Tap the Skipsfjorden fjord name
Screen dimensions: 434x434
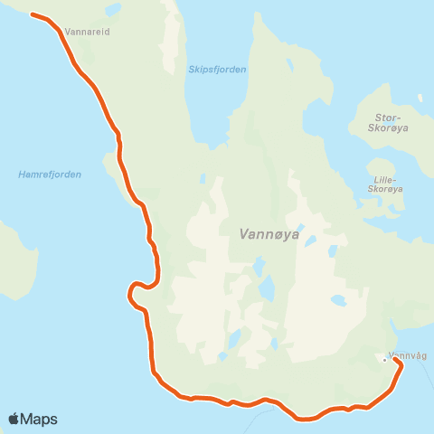[217, 70]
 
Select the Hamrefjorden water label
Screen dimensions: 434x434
[50, 175]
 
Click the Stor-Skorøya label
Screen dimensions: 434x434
[393, 123]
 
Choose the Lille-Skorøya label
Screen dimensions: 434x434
[386, 184]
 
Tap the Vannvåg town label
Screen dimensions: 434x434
[405, 354]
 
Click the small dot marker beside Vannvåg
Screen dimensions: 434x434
[384, 360]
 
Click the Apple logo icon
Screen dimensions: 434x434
[14, 419]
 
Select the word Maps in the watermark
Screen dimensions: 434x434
[40, 419]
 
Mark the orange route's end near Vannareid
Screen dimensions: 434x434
[33, 14]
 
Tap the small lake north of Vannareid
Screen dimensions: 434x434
[112, 11]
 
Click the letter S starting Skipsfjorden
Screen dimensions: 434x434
[191, 70]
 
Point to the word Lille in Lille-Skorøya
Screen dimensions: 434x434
[383, 179]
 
